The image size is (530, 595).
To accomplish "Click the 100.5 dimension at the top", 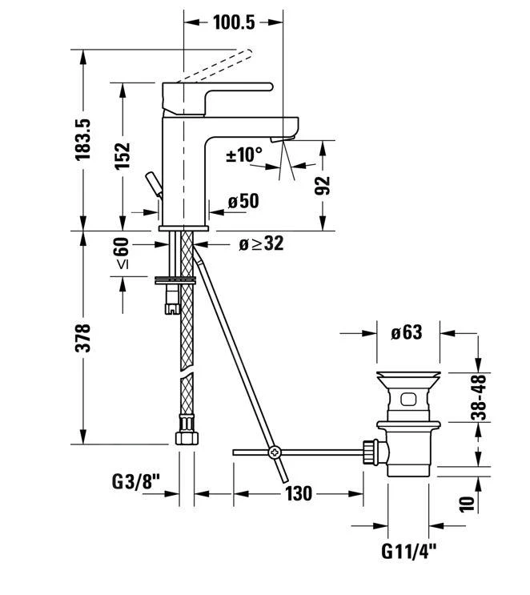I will coord(235,22).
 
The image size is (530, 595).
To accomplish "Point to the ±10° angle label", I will coord(244,155).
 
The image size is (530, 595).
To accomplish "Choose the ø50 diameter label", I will coord(243,201).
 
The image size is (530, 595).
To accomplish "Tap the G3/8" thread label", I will coord(136,482).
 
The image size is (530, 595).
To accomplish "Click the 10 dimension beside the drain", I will coord(467,502).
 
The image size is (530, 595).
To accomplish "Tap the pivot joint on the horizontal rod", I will coord(275,452).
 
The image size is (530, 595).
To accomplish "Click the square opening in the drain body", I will coord(406,398).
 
